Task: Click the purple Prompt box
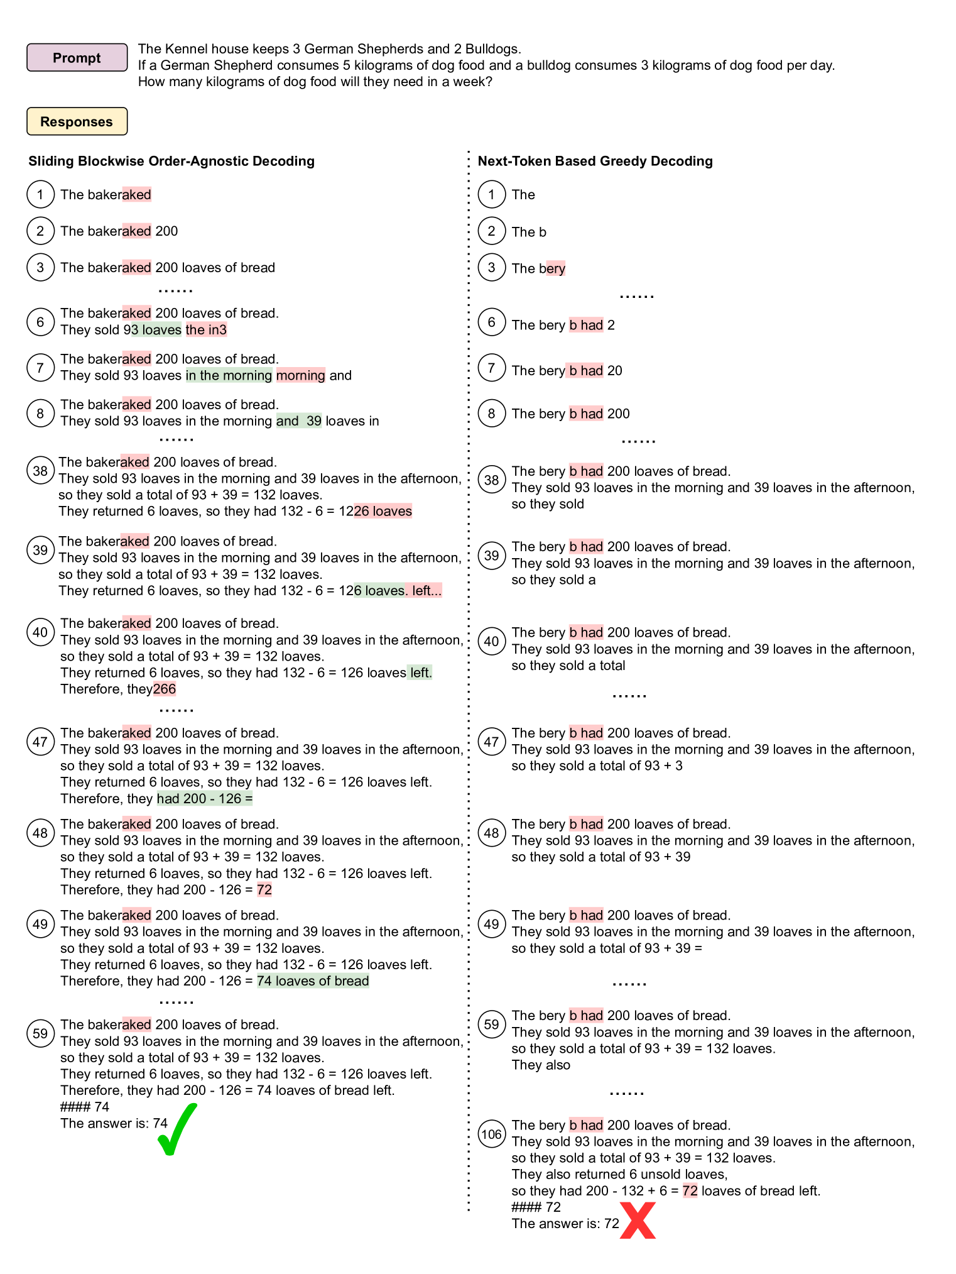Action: tap(77, 58)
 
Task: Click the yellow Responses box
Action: tap(77, 121)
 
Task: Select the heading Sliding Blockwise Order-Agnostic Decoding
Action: tap(171, 161)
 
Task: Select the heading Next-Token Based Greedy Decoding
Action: tap(595, 161)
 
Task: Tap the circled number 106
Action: tap(491, 1134)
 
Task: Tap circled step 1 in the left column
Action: tap(40, 194)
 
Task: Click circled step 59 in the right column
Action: tap(491, 1024)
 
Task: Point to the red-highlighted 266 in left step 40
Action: tap(165, 689)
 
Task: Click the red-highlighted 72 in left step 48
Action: tap(264, 889)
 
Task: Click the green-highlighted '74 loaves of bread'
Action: tap(313, 980)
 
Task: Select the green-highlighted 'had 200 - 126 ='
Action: tap(205, 798)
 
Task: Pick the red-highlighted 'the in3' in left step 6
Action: tap(206, 329)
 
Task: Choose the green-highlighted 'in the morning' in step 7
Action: tap(229, 375)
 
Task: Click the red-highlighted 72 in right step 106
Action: tap(690, 1190)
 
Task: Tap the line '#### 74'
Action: tap(85, 1106)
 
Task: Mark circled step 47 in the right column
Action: tap(491, 742)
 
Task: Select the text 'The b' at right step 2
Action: tap(529, 232)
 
